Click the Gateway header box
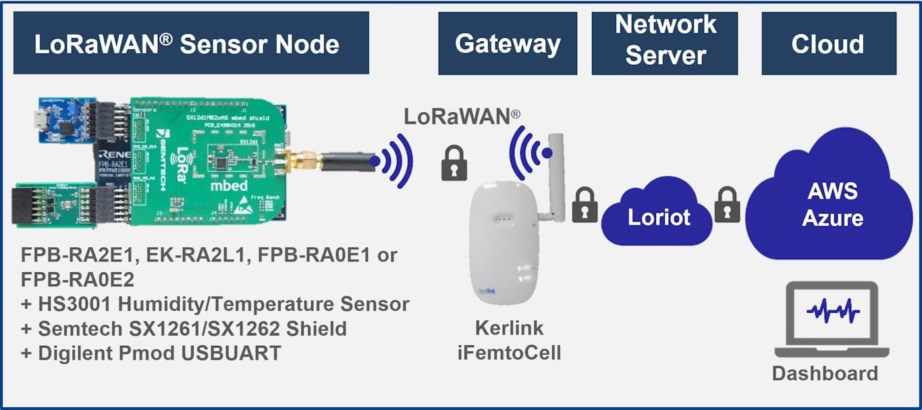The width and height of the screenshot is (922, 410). tap(508, 44)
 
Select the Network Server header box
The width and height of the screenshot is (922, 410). tap(665, 43)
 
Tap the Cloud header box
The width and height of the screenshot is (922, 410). tap(828, 44)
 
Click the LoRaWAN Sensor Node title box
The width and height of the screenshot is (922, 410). tap(191, 43)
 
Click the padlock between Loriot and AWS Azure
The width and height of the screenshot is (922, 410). tap(728, 205)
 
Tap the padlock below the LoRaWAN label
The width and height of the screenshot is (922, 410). tap(454, 163)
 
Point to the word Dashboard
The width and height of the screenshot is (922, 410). tap(825, 374)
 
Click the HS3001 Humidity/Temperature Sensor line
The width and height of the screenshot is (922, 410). tap(215, 304)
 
